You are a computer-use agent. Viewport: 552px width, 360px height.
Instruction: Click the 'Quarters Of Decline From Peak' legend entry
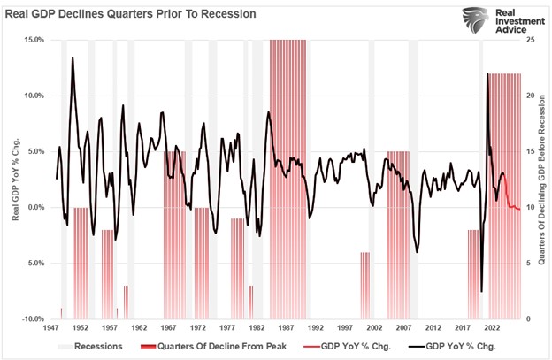click(x=210, y=346)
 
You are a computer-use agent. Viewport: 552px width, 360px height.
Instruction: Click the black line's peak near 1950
click(x=73, y=58)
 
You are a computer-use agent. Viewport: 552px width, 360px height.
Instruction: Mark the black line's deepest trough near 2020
click(x=481, y=291)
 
